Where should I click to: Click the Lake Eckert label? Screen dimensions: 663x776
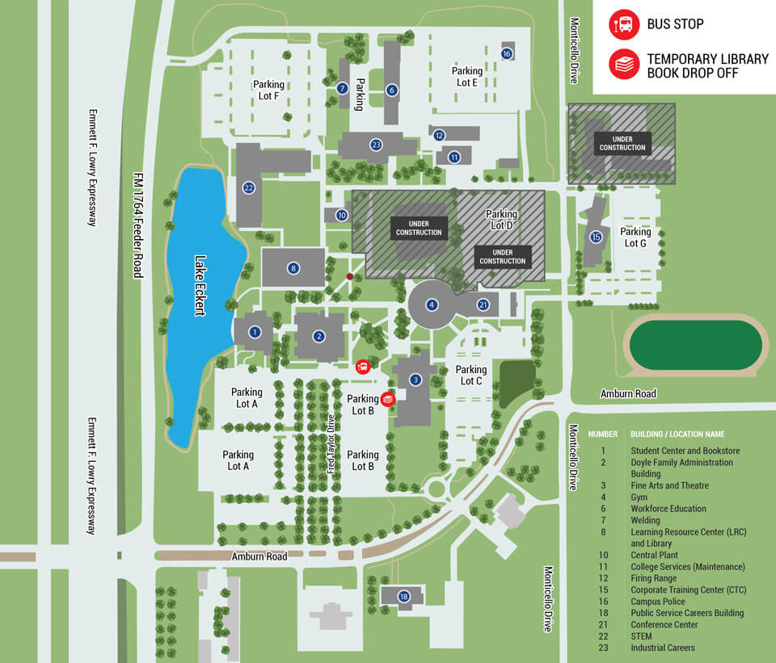[200, 286]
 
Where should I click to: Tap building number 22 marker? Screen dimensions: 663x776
[249, 188]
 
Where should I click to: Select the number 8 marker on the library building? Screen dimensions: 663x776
[293, 268]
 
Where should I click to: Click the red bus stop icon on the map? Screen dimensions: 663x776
[363, 367]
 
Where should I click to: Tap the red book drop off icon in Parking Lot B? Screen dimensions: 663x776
[387, 398]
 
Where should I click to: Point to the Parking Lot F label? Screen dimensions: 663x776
[268, 90]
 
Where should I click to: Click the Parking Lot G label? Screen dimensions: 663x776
[635, 237]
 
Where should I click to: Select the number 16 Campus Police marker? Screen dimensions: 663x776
[507, 54]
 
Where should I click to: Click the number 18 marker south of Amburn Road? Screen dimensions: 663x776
[404, 598]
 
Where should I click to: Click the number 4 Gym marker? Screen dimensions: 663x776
[432, 304]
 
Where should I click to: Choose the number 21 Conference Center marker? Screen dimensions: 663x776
[483, 304]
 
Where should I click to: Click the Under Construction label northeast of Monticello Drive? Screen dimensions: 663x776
[622, 143]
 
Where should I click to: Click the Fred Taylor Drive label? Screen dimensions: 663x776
[331, 445]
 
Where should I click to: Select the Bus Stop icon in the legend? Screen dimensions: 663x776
[623, 24]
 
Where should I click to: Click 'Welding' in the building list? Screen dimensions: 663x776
[645, 520]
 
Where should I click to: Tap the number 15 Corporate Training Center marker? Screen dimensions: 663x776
[596, 237]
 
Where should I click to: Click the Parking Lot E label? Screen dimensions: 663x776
[466, 77]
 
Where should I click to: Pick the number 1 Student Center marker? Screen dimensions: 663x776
[255, 332]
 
